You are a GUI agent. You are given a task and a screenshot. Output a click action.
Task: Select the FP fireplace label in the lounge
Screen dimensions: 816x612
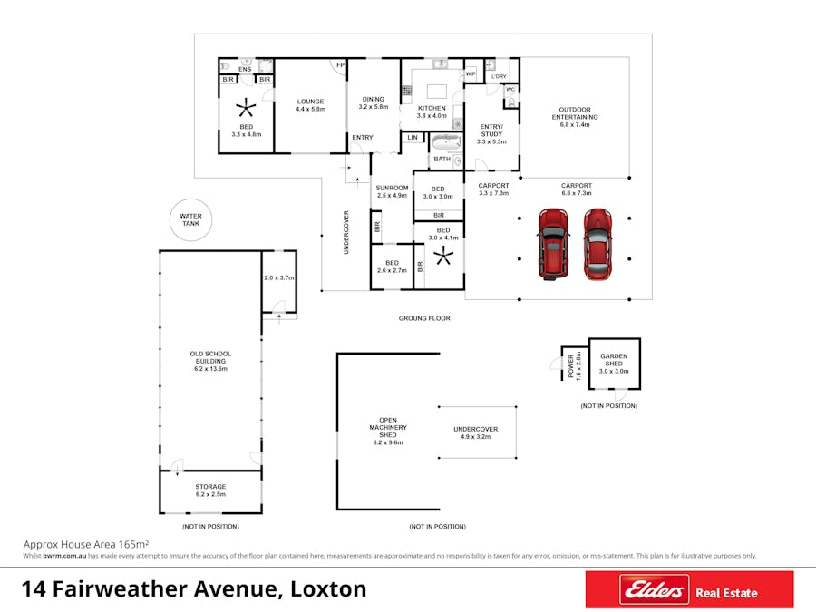[x=340, y=65]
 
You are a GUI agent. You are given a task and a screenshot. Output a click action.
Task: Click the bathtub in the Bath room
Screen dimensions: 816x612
[x=446, y=142]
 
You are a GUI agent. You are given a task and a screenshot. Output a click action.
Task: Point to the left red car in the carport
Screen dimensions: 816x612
[x=553, y=244]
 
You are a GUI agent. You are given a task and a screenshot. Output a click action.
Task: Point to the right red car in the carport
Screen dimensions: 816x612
[x=597, y=244]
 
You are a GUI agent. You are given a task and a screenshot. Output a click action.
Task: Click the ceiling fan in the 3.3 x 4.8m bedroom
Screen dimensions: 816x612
[x=246, y=108]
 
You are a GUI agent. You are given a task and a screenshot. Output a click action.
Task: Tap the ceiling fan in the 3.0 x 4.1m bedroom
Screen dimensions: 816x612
[x=443, y=256]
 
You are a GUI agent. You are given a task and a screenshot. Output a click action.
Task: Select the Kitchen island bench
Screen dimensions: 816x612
[x=437, y=92]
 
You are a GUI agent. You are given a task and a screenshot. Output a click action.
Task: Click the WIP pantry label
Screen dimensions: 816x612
[x=471, y=74]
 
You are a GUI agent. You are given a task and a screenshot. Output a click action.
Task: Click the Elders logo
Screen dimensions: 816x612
[x=654, y=589]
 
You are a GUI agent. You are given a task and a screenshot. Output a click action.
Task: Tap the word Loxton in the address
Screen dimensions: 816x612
[x=328, y=589]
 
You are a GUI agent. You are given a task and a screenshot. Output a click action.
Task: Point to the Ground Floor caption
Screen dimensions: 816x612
[x=424, y=318]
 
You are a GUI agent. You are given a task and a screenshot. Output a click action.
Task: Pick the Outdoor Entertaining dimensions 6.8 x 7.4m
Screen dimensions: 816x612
[x=575, y=125]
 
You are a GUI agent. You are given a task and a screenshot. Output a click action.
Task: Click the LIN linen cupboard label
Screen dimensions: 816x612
[x=413, y=138]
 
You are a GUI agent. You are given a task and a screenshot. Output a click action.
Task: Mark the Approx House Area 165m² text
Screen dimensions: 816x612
[x=86, y=544]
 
